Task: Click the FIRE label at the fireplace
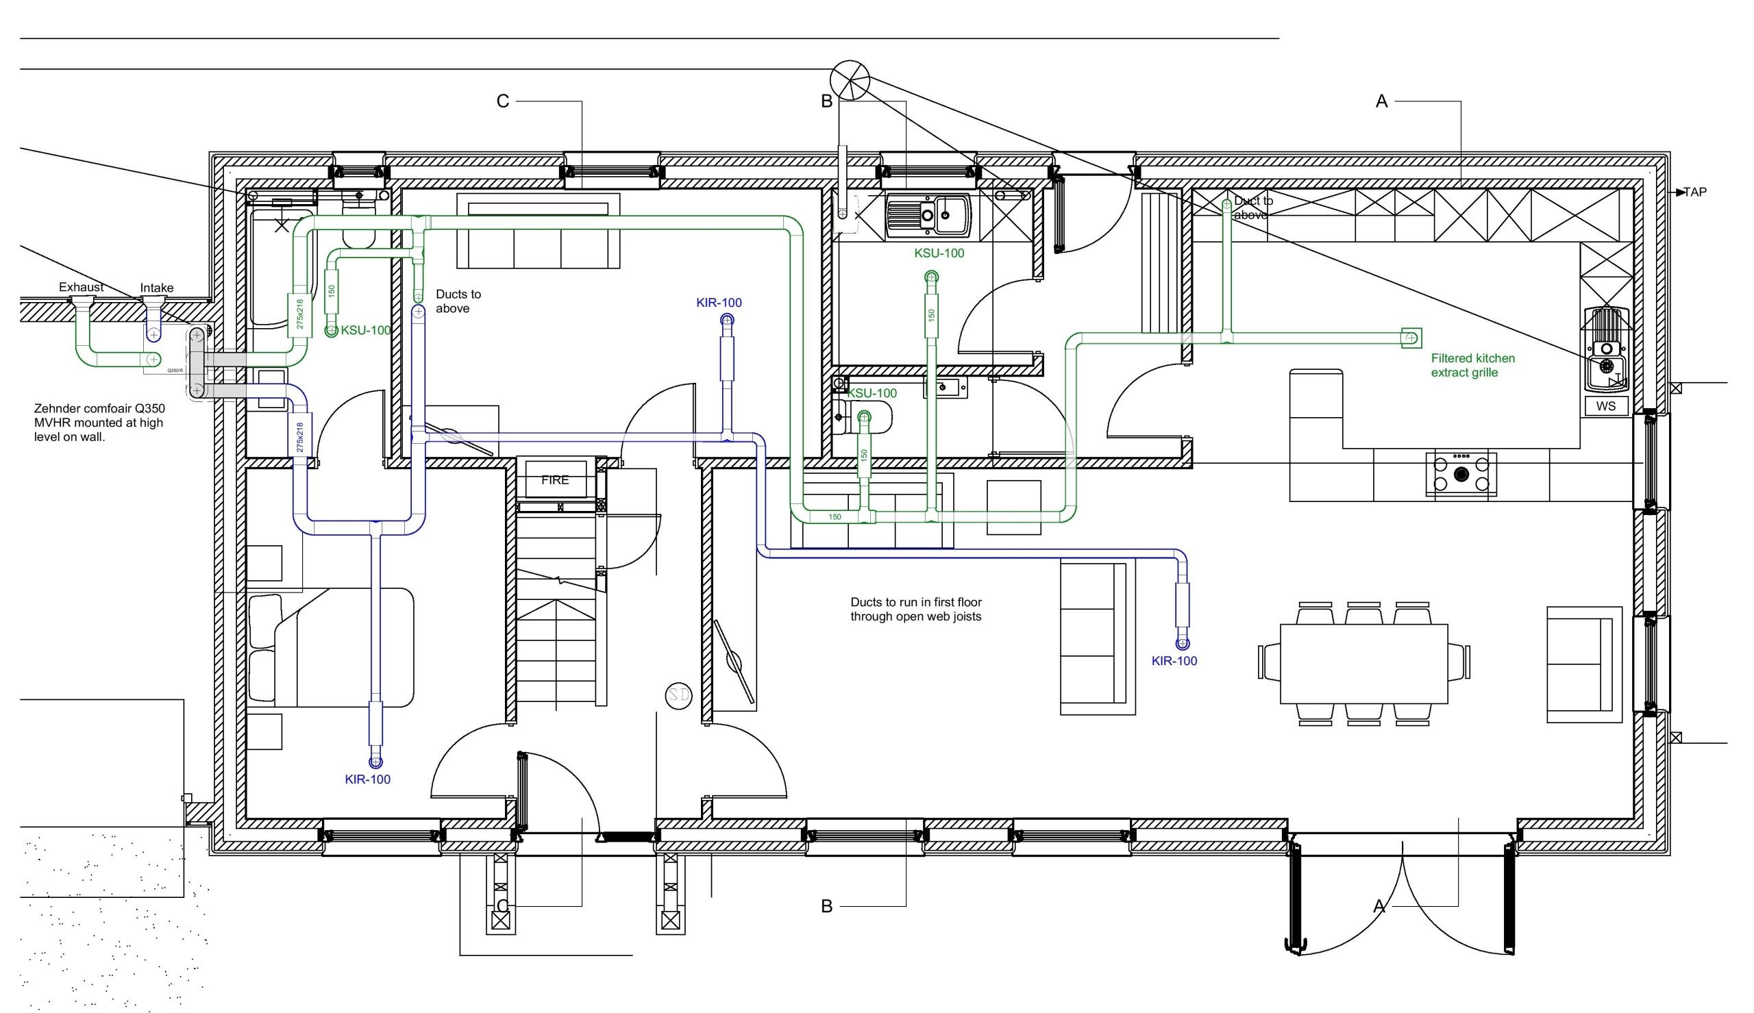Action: tap(554, 480)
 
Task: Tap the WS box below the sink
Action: tap(1606, 405)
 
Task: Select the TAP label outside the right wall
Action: tap(1695, 192)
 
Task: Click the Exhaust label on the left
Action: tap(82, 287)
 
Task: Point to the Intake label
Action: tap(156, 288)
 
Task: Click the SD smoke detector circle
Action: tap(678, 695)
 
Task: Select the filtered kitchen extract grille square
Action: tap(1411, 338)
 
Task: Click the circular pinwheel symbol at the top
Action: tap(850, 79)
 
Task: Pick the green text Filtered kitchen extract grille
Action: tap(1472, 365)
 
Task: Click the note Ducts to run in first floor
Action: tap(915, 610)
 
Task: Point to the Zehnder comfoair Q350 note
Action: tap(99, 423)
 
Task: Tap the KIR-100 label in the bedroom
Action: tap(367, 779)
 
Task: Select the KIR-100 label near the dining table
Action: tap(1174, 661)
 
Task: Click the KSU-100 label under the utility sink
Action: tap(939, 253)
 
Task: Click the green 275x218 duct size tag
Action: tap(300, 314)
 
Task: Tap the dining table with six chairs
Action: tap(1363, 664)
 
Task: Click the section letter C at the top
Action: tap(502, 101)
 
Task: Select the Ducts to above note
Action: tap(458, 301)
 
